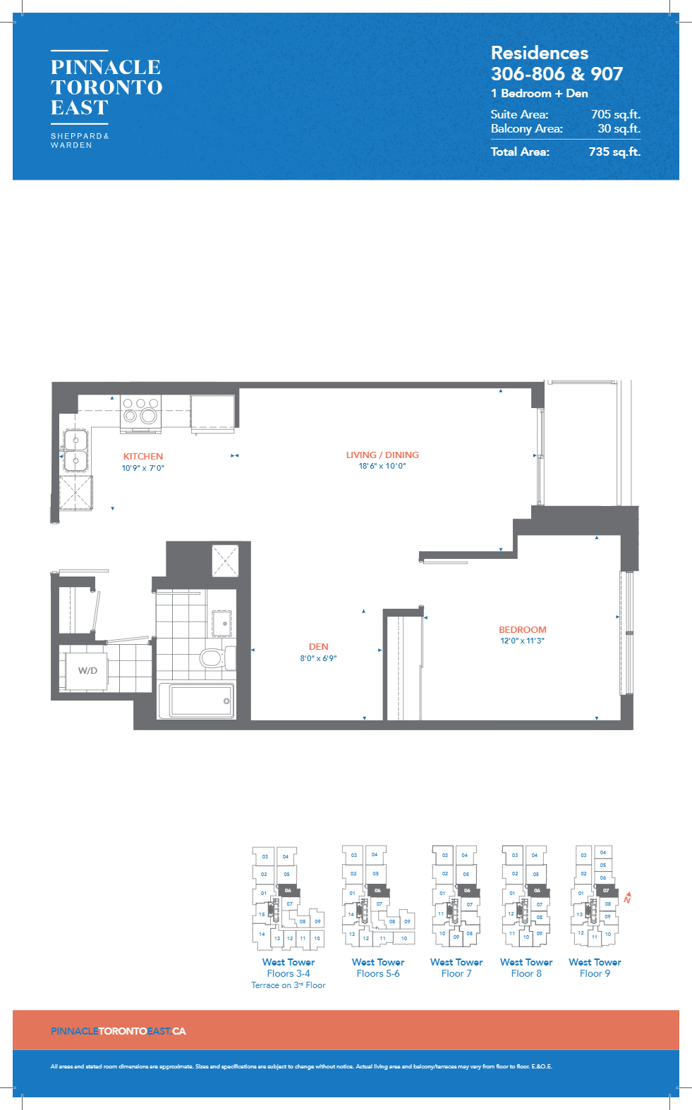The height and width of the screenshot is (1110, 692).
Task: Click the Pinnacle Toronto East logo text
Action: pyautogui.click(x=107, y=87)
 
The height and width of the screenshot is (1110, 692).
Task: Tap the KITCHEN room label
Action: pyautogui.click(x=143, y=456)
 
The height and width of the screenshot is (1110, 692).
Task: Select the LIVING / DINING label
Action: pyautogui.click(x=382, y=455)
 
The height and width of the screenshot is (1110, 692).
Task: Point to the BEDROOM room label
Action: pyautogui.click(x=523, y=629)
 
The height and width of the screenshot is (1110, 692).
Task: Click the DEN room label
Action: pyautogui.click(x=318, y=646)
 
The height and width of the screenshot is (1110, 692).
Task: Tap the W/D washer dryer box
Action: pyautogui.click(x=87, y=670)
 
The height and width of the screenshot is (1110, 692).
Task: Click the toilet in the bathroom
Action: pyautogui.click(x=212, y=658)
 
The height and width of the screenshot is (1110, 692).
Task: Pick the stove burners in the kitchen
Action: pyautogui.click(x=140, y=412)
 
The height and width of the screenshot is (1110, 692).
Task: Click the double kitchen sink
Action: pyautogui.click(x=75, y=451)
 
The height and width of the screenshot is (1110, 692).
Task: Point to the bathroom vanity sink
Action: pyautogui.click(x=222, y=623)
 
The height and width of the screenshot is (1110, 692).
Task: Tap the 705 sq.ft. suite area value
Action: pyautogui.click(x=615, y=114)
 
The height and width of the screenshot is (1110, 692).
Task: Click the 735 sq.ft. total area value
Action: pyautogui.click(x=614, y=152)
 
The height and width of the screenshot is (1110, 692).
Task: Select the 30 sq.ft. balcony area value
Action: pyautogui.click(x=619, y=128)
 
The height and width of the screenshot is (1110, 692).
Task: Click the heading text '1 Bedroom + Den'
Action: pyautogui.click(x=540, y=93)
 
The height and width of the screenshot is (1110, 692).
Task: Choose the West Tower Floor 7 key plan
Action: pyautogui.click(x=456, y=896)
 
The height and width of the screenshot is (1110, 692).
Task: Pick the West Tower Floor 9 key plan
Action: pyautogui.click(x=595, y=896)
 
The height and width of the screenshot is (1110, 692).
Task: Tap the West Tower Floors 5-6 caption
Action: pyautogui.click(x=378, y=968)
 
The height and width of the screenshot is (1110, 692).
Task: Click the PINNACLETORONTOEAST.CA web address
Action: pyautogui.click(x=119, y=1031)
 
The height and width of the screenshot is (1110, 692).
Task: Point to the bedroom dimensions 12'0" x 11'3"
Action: pyautogui.click(x=522, y=641)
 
